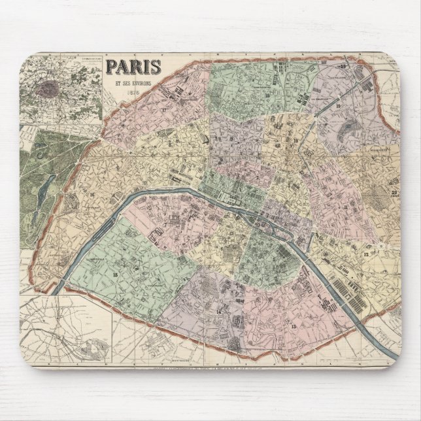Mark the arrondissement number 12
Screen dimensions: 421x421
(x=367, y=252)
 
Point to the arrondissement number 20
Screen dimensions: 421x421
(x=394, y=192)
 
